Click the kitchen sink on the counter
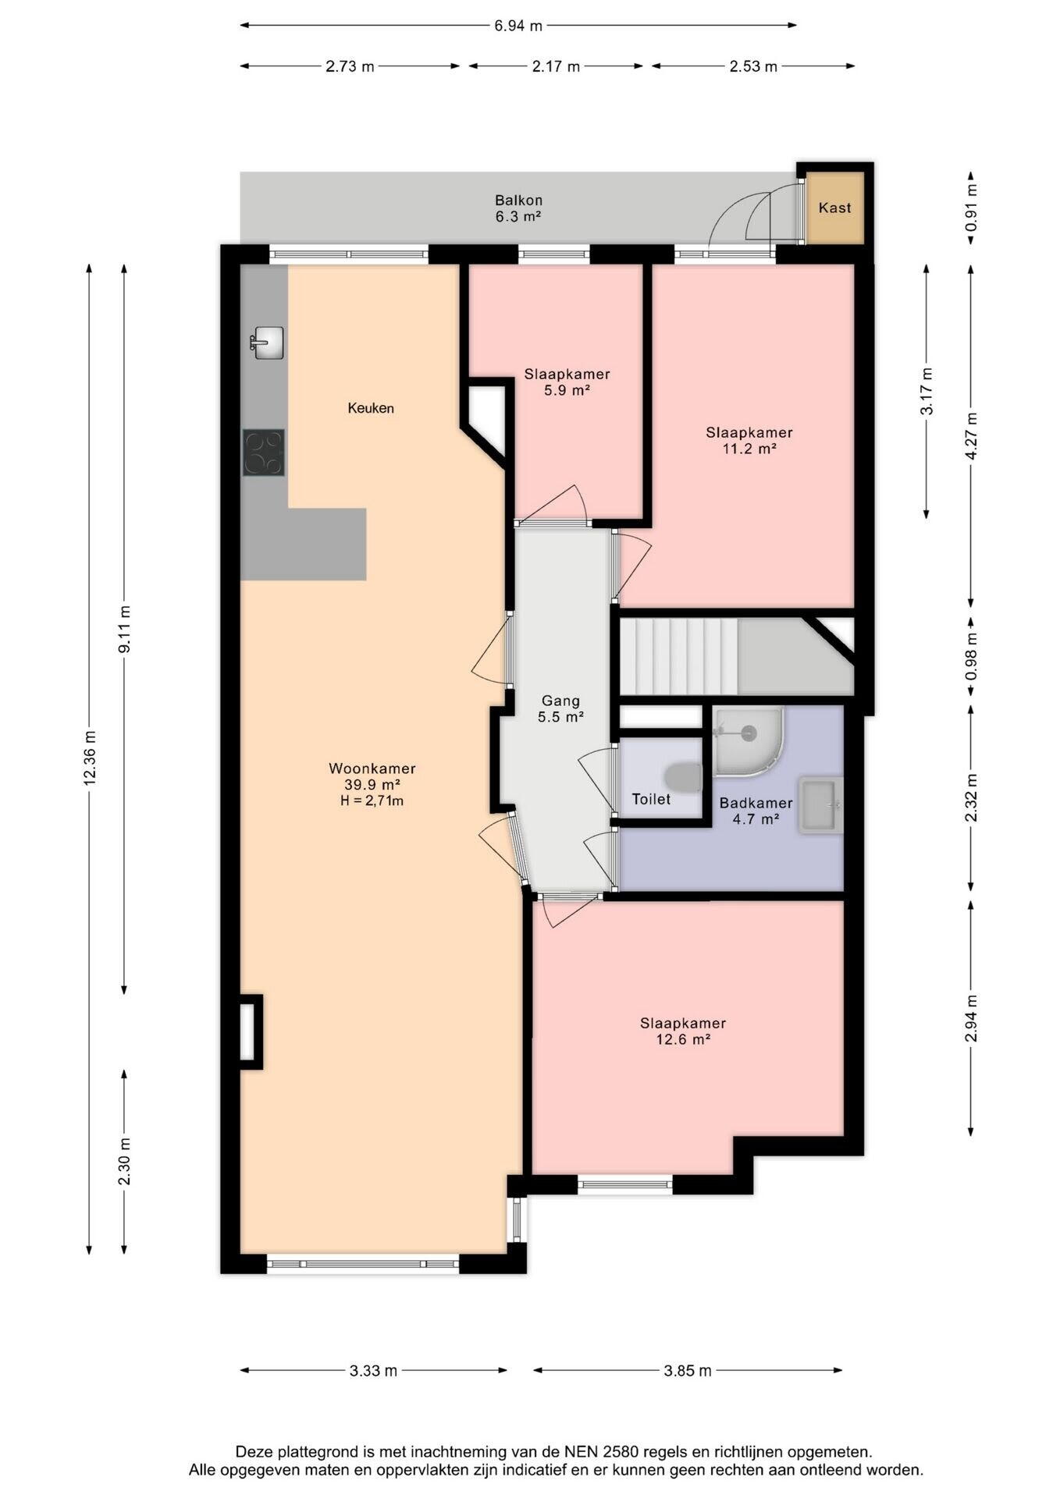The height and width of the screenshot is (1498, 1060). click(267, 343)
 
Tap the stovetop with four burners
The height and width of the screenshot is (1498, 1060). click(263, 453)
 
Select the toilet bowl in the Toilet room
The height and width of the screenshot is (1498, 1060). click(684, 777)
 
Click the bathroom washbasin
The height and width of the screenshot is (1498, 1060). click(820, 805)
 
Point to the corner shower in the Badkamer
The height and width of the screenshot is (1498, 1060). click(748, 741)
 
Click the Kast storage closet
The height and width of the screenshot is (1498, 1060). click(835, 208)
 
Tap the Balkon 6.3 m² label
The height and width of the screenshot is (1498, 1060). click(518, 208)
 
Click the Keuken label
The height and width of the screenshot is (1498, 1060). click(371, 408)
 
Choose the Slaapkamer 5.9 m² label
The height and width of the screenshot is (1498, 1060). click(567, 382)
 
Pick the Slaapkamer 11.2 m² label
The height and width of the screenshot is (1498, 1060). click(749, 440)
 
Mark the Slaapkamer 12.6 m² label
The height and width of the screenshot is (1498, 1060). click(683, 1031)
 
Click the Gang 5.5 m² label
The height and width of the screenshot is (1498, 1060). click(561, 709)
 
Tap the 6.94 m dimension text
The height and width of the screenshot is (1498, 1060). click(518, 26)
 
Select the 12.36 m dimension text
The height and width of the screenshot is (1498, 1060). click(90, 757)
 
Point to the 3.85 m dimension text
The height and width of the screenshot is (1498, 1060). click(688, 1371)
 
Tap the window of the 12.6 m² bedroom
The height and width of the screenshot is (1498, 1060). click(625, 1184)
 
